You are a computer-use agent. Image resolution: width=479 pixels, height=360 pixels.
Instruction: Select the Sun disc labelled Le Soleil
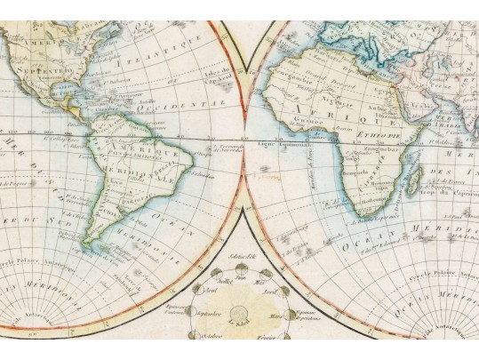[237, 312]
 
